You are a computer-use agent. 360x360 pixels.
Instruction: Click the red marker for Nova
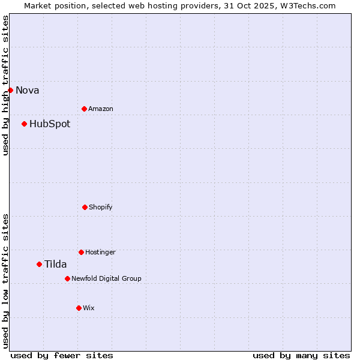click(x=10, y=90)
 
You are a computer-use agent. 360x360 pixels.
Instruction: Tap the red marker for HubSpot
click(x=24, y=124)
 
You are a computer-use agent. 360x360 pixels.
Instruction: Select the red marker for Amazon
click(x=84, y=109)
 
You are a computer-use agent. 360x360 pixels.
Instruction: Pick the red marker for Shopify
click(x=85, y=207)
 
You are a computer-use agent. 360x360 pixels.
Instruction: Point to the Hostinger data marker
click(x=81, y=252)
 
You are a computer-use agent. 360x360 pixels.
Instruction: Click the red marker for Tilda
click(x=39, y=264)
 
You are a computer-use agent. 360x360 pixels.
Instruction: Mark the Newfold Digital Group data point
click(x=67, y=278)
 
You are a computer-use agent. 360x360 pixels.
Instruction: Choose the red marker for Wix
click(x=79, y=308)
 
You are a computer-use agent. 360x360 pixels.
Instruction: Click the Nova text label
click(x=28, y=91)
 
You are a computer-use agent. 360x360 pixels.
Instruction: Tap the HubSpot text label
click(x=50, y=124)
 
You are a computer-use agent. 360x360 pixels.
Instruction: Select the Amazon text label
click(x=101, y=109)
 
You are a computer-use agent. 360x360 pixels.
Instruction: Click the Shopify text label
click(x=101, y=208)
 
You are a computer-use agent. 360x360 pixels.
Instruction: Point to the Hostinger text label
click(x=100, y=253)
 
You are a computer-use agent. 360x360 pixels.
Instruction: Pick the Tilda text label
click(x=56, y=265)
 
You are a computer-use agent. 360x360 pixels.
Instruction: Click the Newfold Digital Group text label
click(x=106, y=279)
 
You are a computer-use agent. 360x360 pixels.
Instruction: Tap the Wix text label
click(x=89, y=308)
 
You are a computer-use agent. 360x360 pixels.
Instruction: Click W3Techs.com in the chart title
click(x=307, y=5)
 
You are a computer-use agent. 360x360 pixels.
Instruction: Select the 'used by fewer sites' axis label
click(x=62, y=355)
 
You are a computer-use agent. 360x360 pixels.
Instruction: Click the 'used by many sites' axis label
click(x=301, y=355)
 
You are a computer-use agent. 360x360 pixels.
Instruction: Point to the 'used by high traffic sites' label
click(x=5, y=86)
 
